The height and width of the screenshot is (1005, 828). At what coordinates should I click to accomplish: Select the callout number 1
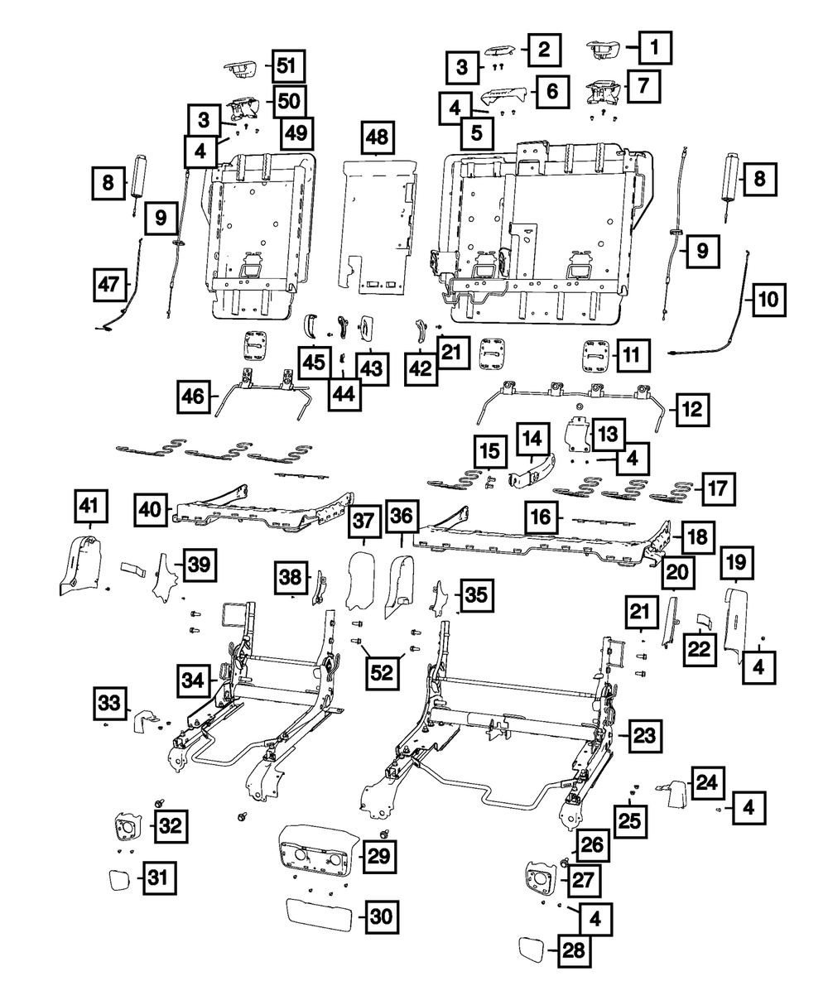(654, 50)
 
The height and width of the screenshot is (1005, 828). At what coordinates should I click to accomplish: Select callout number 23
(646, 733)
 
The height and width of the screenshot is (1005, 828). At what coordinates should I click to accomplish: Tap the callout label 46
(193, 397)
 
